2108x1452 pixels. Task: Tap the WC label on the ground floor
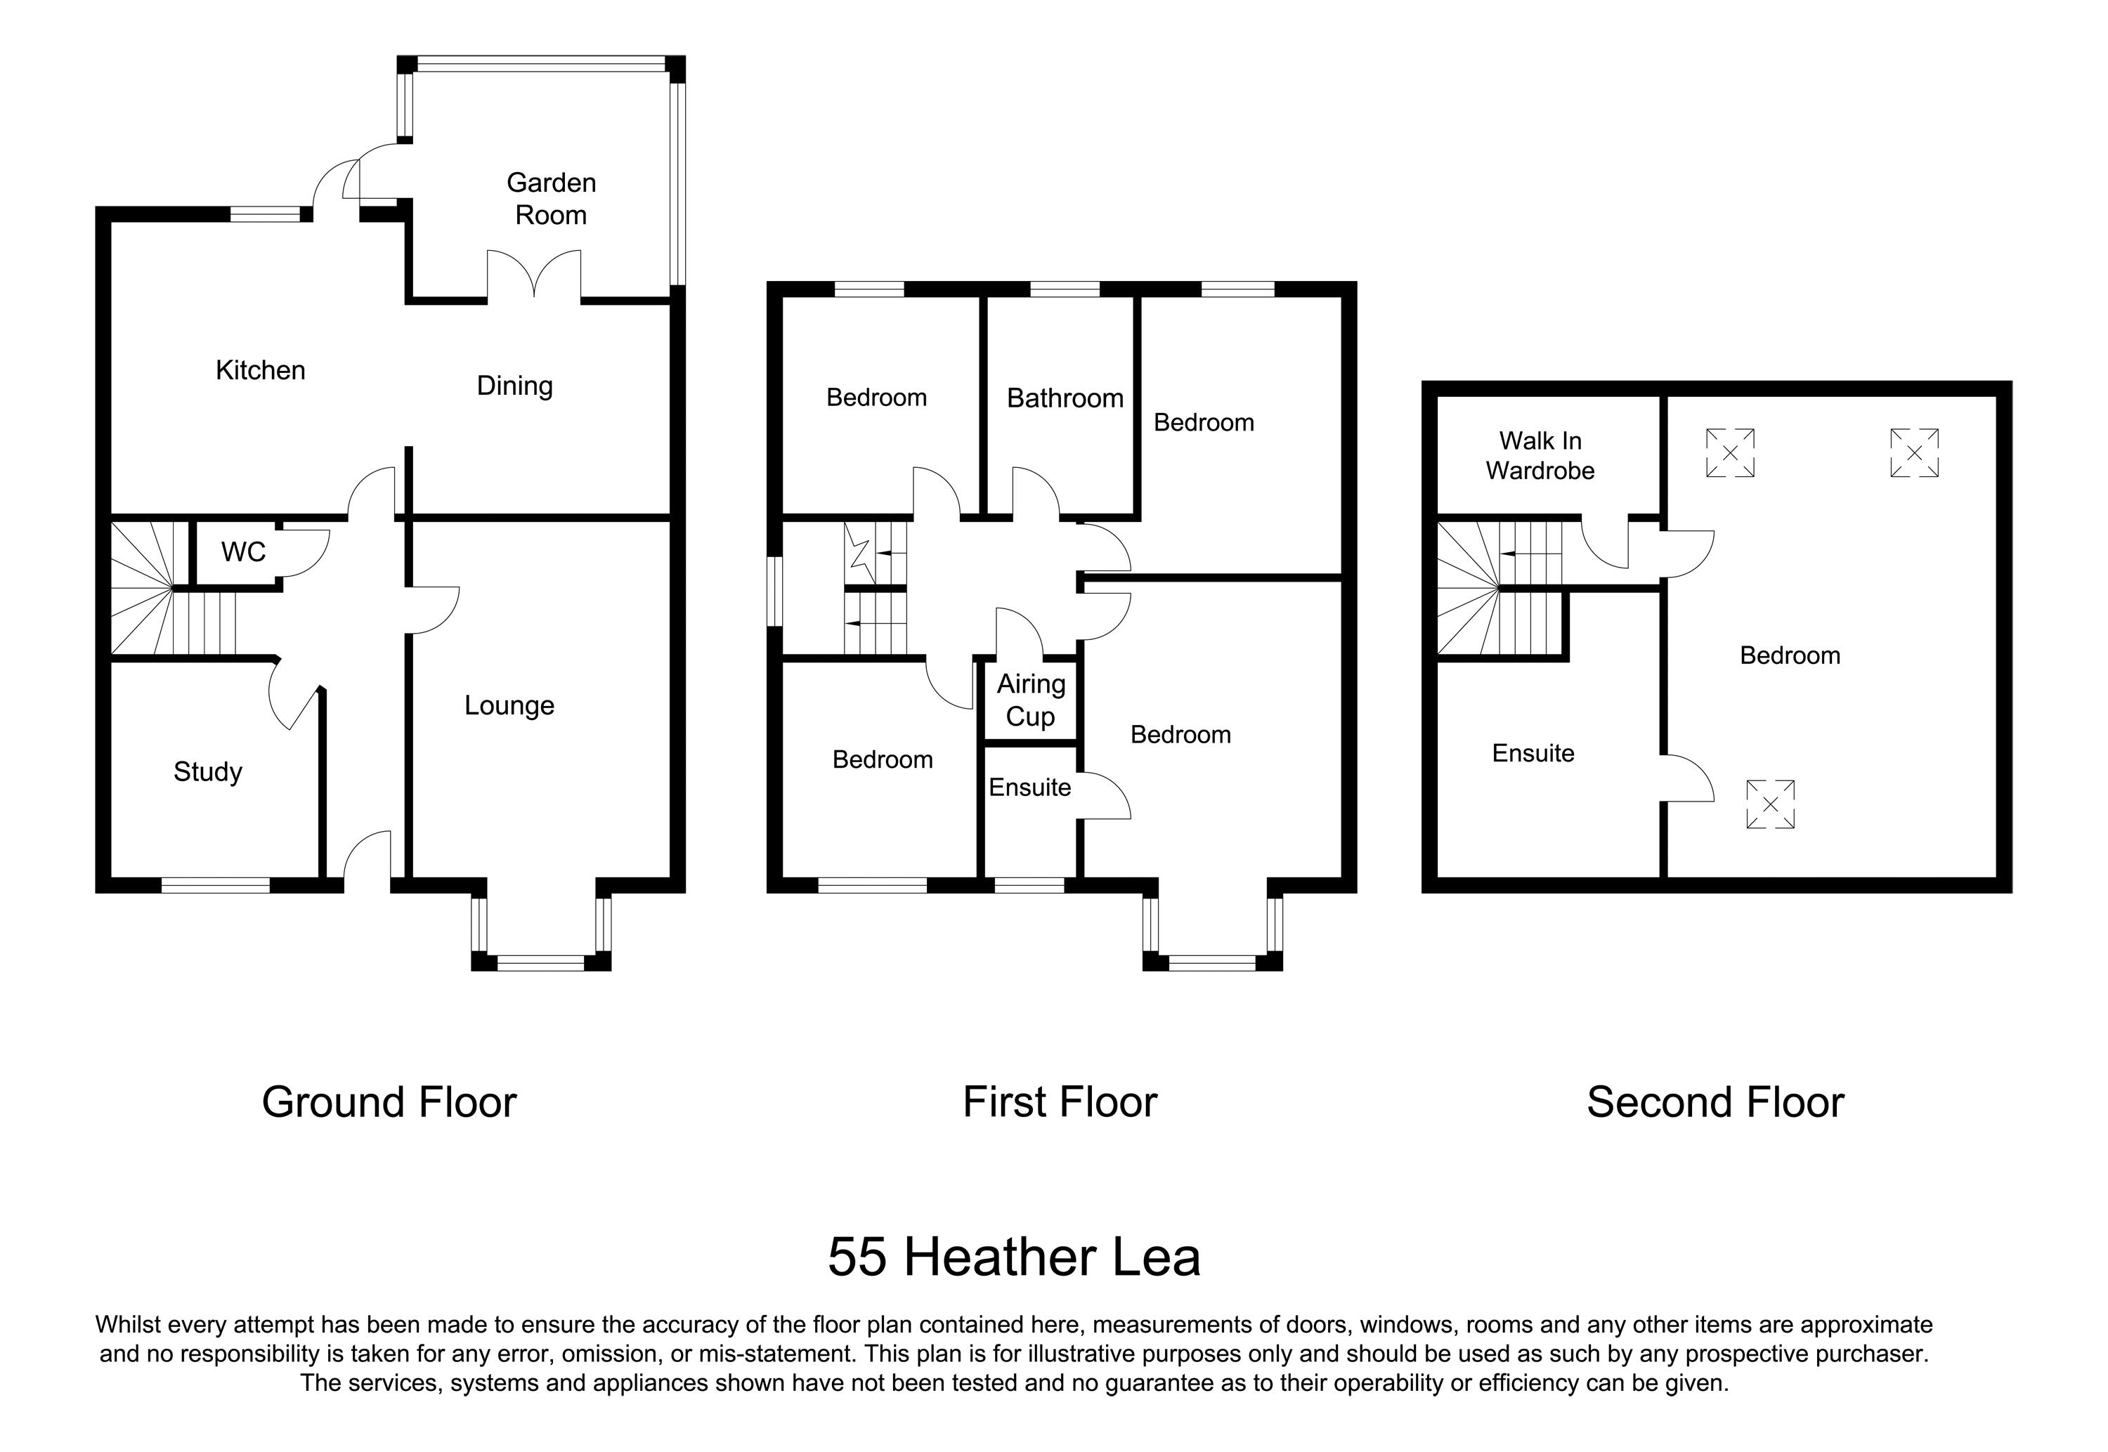[x=243, y=551]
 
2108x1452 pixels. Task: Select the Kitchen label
[x=260, y=370]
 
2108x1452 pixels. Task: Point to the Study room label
[x=207, y=771]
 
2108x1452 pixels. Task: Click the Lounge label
[x=509, y=705]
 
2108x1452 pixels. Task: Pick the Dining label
[x=514, y=386]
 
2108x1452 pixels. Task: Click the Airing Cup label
[x=1030, y=700]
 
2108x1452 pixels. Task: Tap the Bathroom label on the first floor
[x=1065, y=398]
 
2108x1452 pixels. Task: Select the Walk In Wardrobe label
[x=1540, y=455]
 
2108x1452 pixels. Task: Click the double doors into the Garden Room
[x=534, y=274]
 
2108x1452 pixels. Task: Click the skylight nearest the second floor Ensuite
[x=1769, y=804]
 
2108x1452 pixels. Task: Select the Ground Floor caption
[x=389, y=1101]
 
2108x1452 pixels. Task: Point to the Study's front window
[x=216, y=884]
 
